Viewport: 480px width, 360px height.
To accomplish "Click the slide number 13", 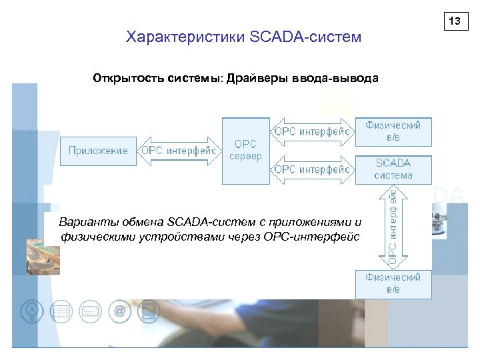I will [455, 22].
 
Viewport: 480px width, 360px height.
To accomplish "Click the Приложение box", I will [99, 151].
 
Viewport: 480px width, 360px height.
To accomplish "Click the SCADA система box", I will [393, 169].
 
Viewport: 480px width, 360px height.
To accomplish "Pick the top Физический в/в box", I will [393, 131].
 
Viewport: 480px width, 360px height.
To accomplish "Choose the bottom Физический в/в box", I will [393, 283].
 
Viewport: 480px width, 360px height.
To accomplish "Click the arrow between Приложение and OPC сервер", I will [179, 151].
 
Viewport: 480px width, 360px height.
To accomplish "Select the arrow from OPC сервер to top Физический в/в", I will [313, 132].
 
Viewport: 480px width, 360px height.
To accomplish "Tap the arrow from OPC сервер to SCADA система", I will [313, 169].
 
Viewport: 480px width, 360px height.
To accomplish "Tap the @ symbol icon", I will [120, 311].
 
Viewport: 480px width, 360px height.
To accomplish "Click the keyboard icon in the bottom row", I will [90, 311].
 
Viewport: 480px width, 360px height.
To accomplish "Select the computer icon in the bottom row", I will [149, 311].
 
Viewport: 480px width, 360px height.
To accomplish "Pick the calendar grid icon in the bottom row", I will [61, 311].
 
